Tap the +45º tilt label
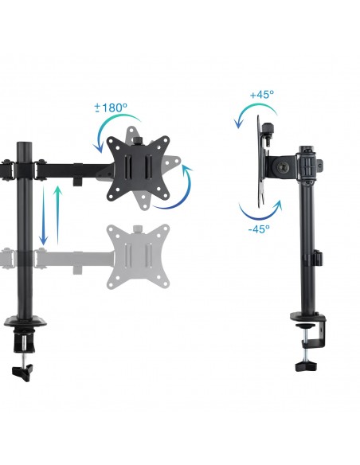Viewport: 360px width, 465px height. [261, 94]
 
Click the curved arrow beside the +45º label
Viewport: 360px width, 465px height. [242, 112]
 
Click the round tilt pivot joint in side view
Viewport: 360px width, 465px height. [282, 167]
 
